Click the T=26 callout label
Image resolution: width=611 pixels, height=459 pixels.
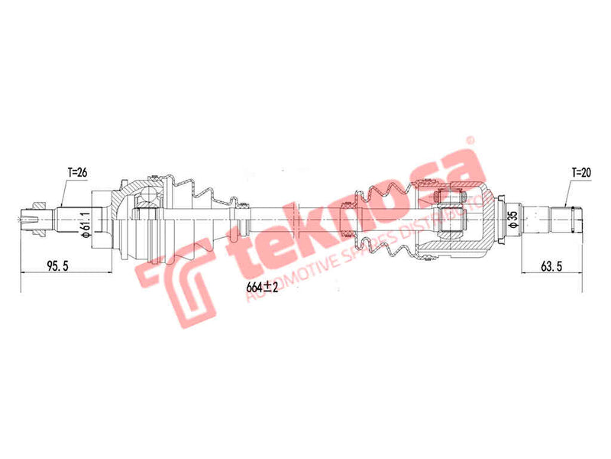click(x=76, y=173)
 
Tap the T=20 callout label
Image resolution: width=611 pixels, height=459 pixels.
click(x=582, y=173)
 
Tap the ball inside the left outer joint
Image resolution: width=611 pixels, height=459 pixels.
click(x=145, y=201)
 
